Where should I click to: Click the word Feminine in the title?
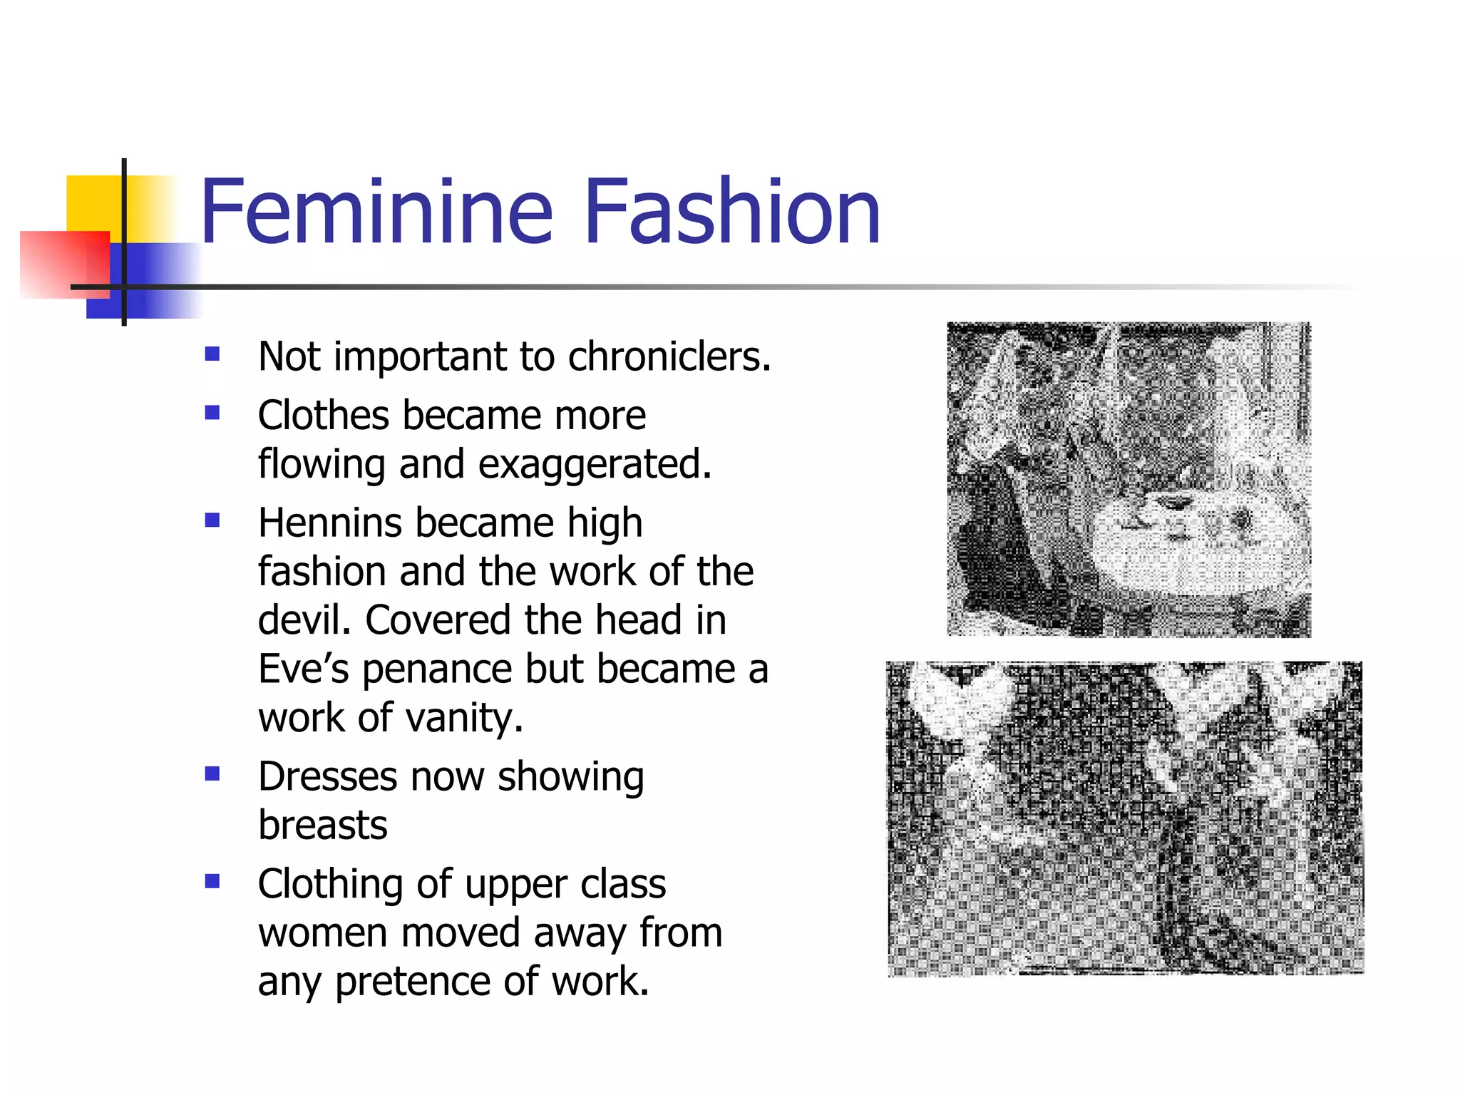[376, 212]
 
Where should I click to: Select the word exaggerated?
[595, 466]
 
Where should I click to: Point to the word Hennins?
[331, 523]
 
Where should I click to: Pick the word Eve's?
[304, 669]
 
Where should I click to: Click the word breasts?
[322, 826]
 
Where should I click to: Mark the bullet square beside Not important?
[212, 354]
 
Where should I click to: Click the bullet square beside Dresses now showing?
[212, 773]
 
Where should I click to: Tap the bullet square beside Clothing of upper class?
[212, 881]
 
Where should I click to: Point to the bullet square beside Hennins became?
[212, 520]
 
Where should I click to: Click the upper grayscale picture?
[1129, 479]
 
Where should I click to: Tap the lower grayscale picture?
[1125, 818]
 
